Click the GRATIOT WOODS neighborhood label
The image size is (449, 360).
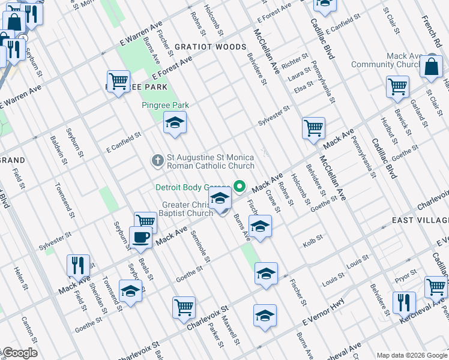click(211, 47)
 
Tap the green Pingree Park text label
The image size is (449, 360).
click(165, 105)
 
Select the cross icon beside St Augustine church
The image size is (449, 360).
click(157, 160)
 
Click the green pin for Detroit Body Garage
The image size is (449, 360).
click(241, 187)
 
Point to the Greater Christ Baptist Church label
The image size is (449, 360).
click(187, 209)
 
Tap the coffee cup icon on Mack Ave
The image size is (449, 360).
click(141, 236)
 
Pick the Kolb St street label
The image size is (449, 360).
click(313, 238)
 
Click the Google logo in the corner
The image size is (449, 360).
click(19, 353)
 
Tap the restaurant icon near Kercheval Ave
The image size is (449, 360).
click(404, 302)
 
